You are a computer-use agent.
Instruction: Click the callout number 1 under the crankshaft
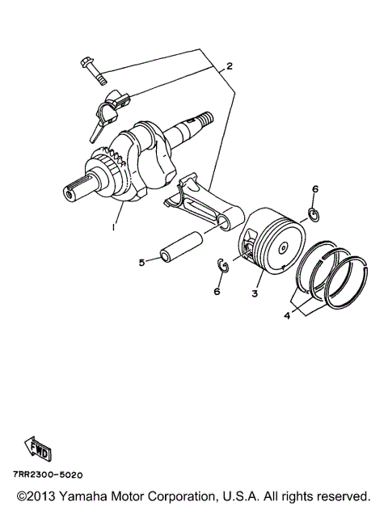[x=115, y=229]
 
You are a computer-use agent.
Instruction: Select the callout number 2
[x=229, y=66]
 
